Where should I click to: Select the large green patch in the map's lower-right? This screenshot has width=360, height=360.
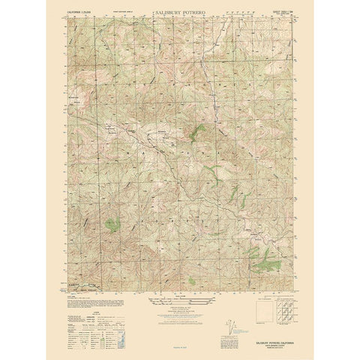click(x=265, y=262)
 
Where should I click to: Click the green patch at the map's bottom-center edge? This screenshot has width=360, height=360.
click(x=192, y=280)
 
